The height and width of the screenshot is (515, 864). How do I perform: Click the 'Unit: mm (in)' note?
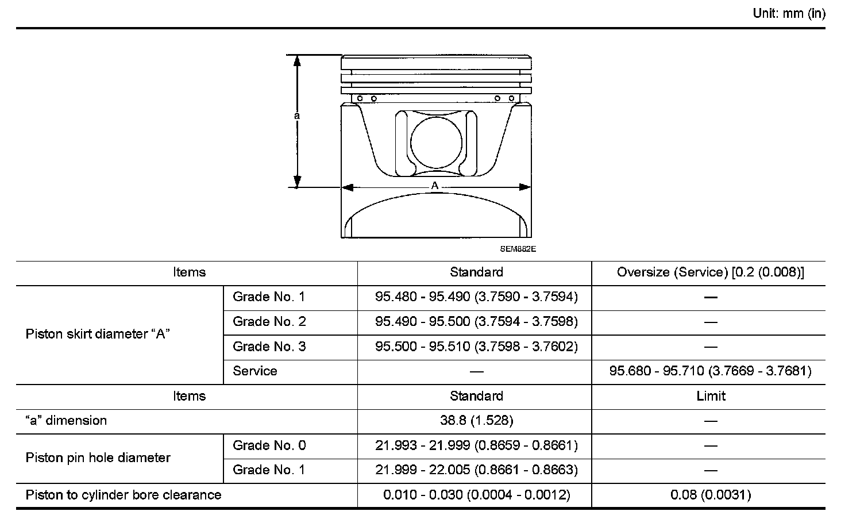(x=789, y=14)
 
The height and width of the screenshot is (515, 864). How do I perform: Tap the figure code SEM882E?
(x=518, y=249)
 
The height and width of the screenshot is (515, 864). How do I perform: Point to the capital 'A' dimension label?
(x=435, y=186)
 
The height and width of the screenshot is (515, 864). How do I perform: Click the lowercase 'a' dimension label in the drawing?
(x=296, y=116)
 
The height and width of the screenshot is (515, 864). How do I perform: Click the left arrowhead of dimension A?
(x=347, y=187)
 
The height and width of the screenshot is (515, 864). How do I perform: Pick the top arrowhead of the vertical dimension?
(x=297, y=60)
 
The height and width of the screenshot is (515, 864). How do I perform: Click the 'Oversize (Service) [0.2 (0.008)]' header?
(x=711, y=272)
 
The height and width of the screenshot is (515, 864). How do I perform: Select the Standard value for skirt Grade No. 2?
(x=476, y=321)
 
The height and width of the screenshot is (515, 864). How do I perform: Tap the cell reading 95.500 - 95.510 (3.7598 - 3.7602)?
(x=476, y=346)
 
